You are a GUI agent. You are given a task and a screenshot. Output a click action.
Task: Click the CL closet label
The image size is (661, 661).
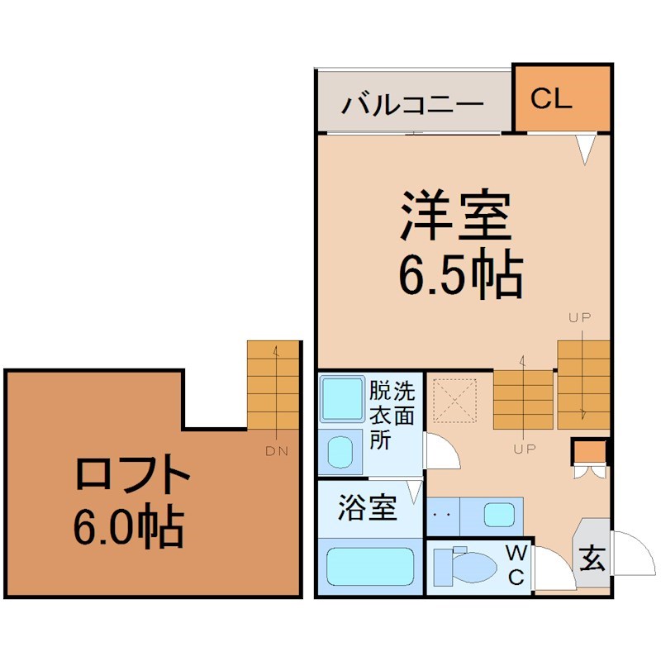point(551,98)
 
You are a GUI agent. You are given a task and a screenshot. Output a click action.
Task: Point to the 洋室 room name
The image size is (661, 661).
point(456,215)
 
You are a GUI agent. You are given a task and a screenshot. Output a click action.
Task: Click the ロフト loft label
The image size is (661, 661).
point(132,473)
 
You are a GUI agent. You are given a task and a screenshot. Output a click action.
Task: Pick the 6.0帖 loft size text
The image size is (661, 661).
point(129,527)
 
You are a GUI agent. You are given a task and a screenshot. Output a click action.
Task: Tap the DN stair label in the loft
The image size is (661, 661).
point(277,451)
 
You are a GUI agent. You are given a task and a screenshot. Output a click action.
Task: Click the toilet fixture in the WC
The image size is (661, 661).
point(465,566)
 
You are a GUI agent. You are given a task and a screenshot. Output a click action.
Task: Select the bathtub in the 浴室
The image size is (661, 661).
point(370,567)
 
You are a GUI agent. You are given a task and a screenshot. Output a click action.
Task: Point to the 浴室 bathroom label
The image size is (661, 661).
point(367,507)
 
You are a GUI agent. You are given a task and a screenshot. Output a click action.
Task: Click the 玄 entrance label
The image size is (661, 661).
point(592,559)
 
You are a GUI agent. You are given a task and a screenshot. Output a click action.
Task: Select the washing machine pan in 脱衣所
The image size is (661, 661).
point(342,399)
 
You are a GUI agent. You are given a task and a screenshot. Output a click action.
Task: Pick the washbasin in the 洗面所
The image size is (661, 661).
point(340,452)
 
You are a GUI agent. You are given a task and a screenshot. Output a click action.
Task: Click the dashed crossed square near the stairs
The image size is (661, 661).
point(455,401)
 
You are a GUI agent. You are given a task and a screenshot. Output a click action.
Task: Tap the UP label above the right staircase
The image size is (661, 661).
point(580,317)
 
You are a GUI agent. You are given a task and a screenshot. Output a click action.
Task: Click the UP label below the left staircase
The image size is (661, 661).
point(525,449)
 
